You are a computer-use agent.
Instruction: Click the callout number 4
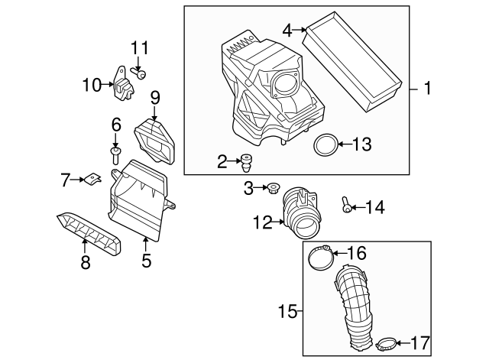pyautogui.click(x=287, y=31)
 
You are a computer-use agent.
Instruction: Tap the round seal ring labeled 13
pyautogui.click(x=325, y=144)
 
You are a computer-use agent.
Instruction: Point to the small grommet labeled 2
pyautogui.click(x=247, y=161)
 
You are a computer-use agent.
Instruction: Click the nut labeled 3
pyautogui.click(x=271, y=186)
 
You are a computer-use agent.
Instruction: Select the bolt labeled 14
pyautogui.click(x=348, y=205)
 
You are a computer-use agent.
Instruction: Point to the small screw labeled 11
pyautogui.click(x=141, y=73)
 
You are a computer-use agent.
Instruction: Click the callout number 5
pyautogui.click(x=146, y=261)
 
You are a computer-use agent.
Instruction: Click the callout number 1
pyautogui.click(x=428, y=89)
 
